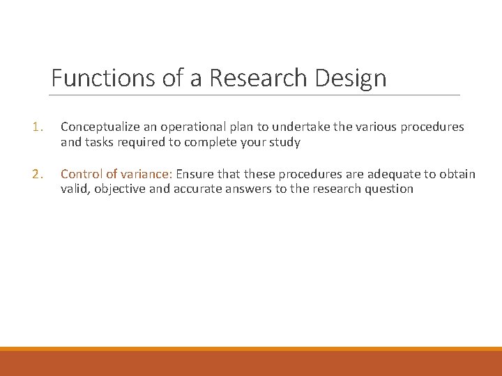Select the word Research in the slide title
point(259,78)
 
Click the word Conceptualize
point(99,127)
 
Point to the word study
point(284,142)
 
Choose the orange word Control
point(81,174)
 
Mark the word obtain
point(456,174)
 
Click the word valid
point(75,189)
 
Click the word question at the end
point(389,189)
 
